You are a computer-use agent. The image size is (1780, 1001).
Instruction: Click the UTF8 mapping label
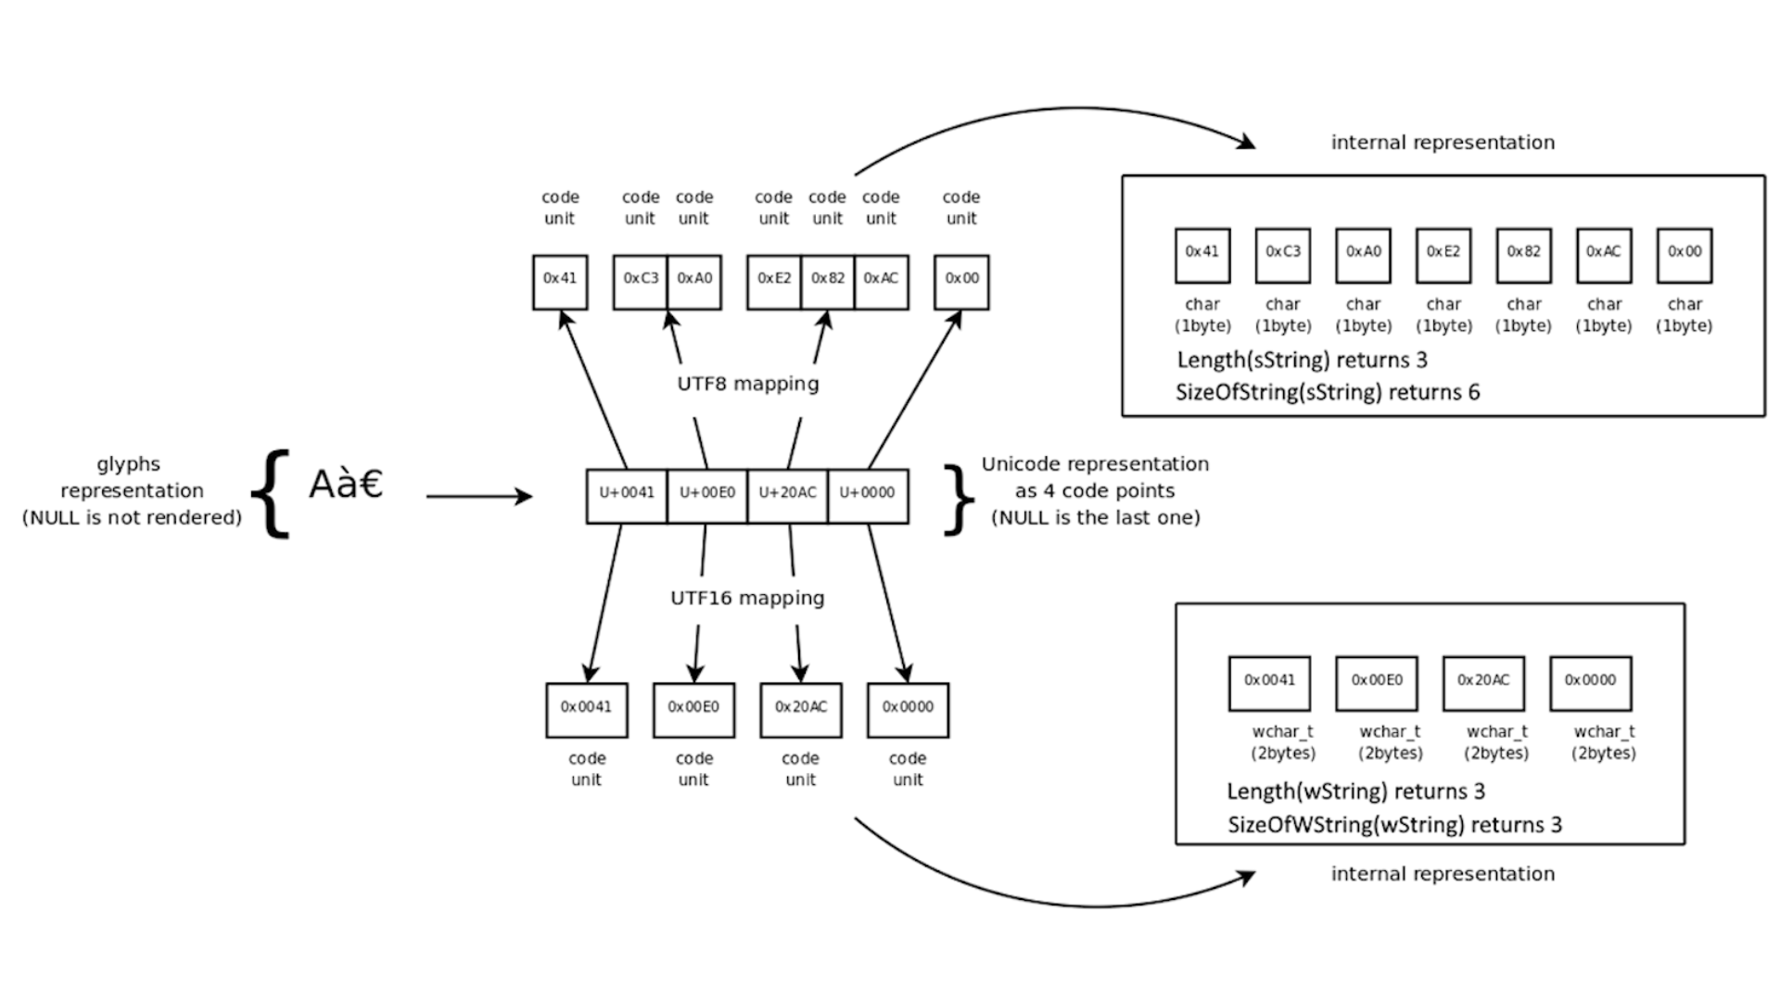click(748, 384)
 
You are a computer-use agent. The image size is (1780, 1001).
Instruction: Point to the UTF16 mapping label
click(747, 598)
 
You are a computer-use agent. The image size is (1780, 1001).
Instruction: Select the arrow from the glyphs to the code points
click(478, 497)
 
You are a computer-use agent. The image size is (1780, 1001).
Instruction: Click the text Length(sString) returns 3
click(1302, 360)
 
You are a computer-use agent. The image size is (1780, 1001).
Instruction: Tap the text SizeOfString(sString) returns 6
click(1328, 392)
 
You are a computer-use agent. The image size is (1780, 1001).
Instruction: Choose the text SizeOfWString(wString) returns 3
click(1394, 824)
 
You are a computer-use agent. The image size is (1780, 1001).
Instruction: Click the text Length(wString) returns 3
click(1355, 792)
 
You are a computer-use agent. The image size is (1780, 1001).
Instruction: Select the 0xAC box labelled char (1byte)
click(1604, 256)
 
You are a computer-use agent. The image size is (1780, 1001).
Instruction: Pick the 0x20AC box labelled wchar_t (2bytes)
click(1483, 683)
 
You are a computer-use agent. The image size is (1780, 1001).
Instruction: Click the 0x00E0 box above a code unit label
click(693, 710)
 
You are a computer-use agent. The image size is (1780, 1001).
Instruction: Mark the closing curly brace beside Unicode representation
click(958, 500)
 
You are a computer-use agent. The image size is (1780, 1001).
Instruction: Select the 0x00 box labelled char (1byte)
click(1685, 256)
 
